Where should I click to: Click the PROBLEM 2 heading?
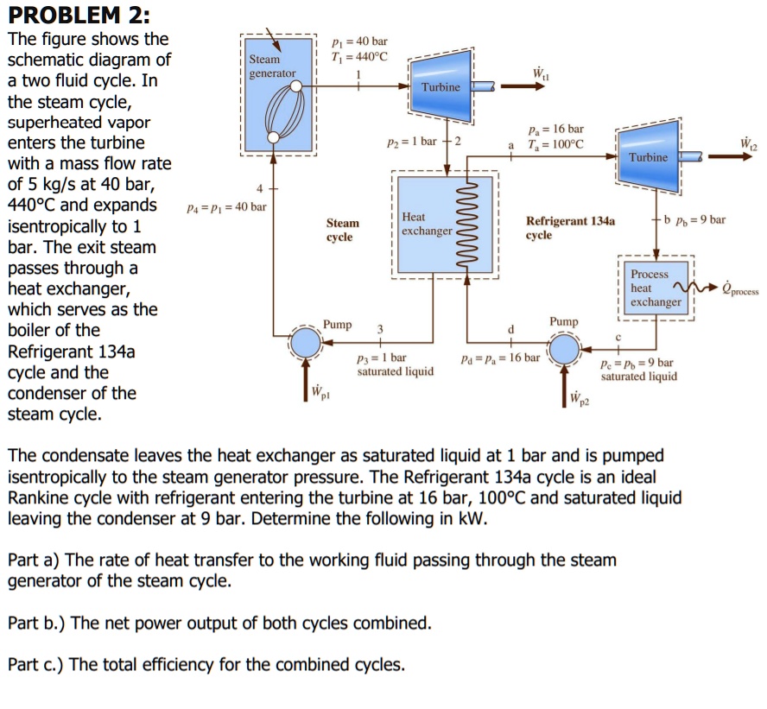pos(77,15)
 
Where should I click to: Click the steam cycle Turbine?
pos(442,85)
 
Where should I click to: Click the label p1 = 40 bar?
pos(359,41)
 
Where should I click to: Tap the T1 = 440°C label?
pos(359,56)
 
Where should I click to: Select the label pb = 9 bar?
pos(701,219)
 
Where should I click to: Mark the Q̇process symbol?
pos(739,288)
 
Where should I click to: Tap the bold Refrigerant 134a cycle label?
pos(570,227)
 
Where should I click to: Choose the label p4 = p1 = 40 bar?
pos(226,207)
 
